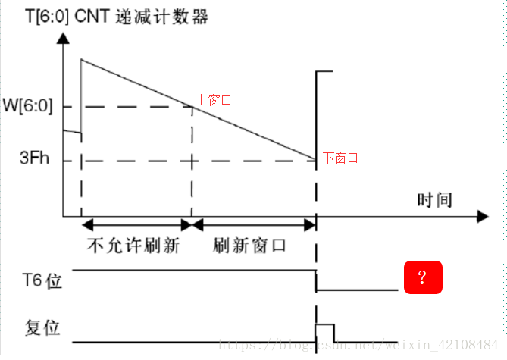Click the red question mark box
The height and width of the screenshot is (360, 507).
click(422, 277)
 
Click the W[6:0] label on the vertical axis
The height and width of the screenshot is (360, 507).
click(27, 106)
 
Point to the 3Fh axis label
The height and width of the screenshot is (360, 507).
click(35, 160)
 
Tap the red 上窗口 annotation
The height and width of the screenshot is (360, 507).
click(213, 99)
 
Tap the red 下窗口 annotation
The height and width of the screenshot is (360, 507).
click(340, 158)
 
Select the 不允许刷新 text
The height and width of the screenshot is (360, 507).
click(133, 246)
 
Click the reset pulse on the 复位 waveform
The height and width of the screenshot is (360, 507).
click(324, 332)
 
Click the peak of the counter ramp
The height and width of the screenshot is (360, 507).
click(81, 59)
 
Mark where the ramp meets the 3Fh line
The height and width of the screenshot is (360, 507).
click(315, 160)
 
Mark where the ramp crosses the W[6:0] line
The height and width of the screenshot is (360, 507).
click(192, 106)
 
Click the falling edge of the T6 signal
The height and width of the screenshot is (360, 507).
click(316, 280)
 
